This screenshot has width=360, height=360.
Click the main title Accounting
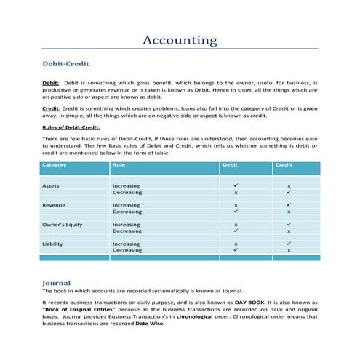coord(180,40)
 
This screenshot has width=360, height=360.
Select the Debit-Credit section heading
coord(66,64)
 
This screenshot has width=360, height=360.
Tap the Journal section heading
coord(57,282)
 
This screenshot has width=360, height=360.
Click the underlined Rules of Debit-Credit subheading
coord(71,127)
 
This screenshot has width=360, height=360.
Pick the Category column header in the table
coord(55,165)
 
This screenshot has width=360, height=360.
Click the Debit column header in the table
coord(230,165)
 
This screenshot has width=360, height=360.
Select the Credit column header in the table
coord(284,165)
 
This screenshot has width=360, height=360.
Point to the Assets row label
coord(51,186)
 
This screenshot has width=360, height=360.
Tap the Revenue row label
coord(54,206)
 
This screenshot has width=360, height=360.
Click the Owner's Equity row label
coord(63,225)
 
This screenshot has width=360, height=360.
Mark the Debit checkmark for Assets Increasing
coord(236,186)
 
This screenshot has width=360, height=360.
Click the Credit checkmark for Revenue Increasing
coord(289,206)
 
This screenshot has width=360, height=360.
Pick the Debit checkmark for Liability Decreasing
coord(236,250)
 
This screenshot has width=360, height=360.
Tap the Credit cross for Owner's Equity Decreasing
coord(289,231)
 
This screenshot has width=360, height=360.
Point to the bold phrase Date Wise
coord(150,324)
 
